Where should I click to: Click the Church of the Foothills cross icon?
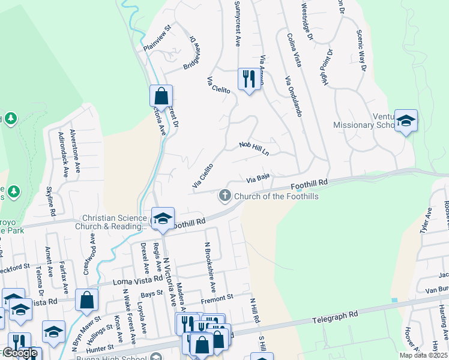[x=225, y=196]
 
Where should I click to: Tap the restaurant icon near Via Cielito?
[x=249, y=79]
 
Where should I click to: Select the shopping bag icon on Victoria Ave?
[x=161, y=96]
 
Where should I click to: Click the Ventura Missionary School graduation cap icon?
[x=406, y=121]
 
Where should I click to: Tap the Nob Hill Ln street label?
[x=254, y=148]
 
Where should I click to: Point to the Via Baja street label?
[x=258, y=179]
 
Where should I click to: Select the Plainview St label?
[x=157, y=37]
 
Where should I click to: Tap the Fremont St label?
[x=217, y=298]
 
